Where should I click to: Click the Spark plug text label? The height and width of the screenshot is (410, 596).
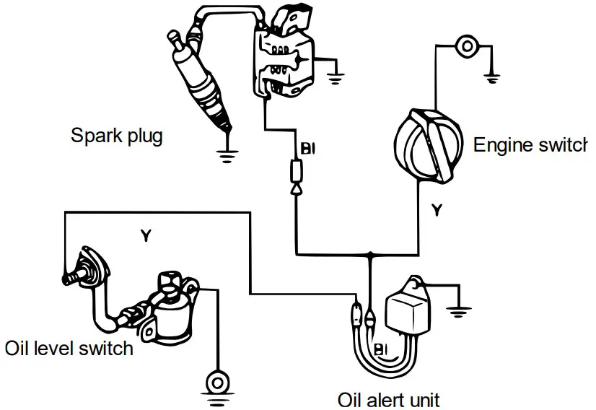(116, 136)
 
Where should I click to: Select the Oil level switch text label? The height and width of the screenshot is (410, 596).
(69, 349)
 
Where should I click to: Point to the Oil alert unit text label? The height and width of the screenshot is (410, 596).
(388, 399)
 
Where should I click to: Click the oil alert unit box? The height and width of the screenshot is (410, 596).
(408, 311)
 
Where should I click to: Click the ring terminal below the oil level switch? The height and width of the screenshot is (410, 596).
(215, 379)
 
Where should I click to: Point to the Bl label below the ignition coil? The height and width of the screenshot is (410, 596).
(308, 149)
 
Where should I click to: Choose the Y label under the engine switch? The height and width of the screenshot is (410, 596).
(436, 211)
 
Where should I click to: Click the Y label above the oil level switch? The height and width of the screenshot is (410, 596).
(145, 235)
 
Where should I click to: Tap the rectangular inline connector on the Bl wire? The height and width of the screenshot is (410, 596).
(297, 171)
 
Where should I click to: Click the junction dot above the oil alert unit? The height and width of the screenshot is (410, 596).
(370, 255)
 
